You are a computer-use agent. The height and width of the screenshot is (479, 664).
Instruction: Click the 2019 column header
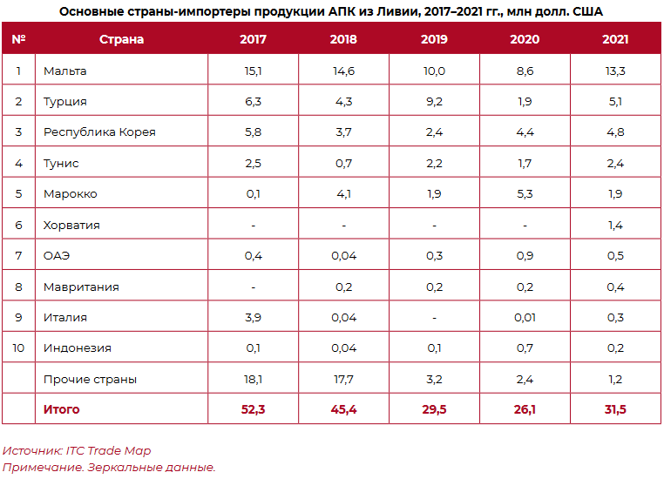[434, 40]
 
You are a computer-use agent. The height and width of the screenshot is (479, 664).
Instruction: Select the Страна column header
[122, 40]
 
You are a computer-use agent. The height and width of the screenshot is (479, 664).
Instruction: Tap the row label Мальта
[65, 71]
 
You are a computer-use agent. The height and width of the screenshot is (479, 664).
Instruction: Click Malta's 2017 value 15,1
[253, 71]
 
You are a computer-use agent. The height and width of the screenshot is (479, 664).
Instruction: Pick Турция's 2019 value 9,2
[434, 102]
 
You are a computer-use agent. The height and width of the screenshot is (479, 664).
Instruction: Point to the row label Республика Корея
[100, 132]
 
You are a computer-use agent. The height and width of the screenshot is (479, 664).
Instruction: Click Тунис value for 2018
[343, 164]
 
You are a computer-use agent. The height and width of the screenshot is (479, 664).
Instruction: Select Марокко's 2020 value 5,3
[525, 194]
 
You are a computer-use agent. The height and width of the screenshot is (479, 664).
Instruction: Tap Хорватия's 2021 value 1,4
[615, 226]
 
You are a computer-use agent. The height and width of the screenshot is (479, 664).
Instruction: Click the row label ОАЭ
[57, 256]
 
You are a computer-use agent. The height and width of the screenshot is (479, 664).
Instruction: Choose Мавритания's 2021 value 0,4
[615, 287]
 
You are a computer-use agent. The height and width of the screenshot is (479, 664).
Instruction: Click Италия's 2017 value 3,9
[253, 318]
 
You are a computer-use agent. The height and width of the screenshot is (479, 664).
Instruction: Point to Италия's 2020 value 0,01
[525, 318]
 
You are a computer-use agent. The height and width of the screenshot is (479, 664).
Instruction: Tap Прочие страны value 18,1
[253, 380]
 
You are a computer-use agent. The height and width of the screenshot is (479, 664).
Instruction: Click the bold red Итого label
[62, 409]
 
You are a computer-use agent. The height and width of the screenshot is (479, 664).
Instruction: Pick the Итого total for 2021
[615, 409]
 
